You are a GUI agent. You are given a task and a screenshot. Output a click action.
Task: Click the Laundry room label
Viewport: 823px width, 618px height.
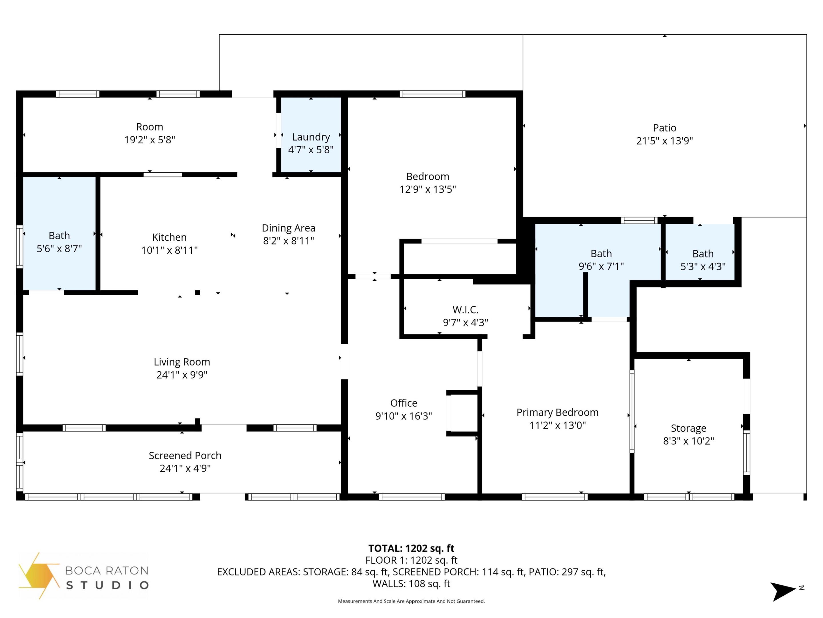coord(311,137)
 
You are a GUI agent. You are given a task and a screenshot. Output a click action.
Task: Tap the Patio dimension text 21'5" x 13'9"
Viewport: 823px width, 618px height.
coord(664,141)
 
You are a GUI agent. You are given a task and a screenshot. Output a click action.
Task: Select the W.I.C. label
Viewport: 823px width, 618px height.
coord(465,310)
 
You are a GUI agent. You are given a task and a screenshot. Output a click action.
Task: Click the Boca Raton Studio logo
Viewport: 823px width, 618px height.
coord(84,576)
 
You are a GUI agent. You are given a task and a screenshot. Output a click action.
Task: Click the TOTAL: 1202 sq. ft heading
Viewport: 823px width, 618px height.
coord(411,548)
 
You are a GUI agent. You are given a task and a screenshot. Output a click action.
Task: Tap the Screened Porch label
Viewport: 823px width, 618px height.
coord(185,455)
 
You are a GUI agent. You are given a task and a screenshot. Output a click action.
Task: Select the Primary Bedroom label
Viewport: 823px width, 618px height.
coord(557,412)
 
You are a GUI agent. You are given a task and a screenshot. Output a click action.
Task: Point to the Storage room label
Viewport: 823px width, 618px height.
coord(688,428)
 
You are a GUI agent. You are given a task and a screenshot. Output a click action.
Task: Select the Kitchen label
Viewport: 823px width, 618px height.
coord(169,237)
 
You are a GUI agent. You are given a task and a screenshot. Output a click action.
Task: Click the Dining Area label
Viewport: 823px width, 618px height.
coord(288,228)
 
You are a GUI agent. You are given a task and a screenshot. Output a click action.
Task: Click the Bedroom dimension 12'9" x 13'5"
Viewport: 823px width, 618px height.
coord(428,189)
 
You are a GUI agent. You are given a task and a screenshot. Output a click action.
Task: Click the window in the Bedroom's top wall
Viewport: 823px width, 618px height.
coord(432,94)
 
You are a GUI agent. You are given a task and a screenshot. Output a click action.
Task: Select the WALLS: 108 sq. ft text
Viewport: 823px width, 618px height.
coord(411,584)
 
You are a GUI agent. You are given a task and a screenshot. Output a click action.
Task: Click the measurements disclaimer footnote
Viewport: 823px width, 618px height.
coord(411,601)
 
